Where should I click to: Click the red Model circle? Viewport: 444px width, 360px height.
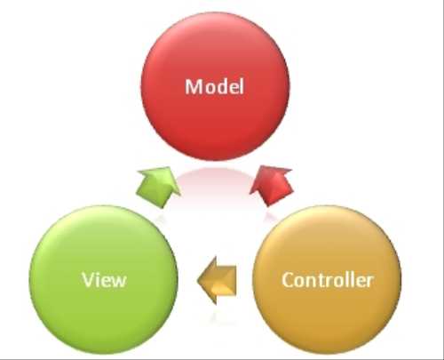click(x=215, y=86)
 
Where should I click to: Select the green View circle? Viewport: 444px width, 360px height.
click(x=104, y=279)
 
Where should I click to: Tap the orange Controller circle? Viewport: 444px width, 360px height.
click(x=327, y=279)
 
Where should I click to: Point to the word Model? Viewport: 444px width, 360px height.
click(x=215, y=86)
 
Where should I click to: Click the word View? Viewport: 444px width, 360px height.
click(x=104, y=280)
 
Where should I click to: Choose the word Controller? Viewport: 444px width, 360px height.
click(x=327, y=280)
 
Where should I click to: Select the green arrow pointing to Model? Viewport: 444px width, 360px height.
click(x=159, y=187)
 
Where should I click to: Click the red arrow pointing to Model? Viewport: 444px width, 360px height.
click(x=272, y=186)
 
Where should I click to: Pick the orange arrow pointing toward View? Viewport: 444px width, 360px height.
click(x=217, y=280)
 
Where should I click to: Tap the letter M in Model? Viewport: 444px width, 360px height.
click(x=194, y=87)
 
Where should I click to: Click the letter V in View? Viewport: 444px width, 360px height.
click(x=89, y=279)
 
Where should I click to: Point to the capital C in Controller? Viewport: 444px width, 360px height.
click(x=289, y=280)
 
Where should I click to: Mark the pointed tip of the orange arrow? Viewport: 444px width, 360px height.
click(x=197, y=280)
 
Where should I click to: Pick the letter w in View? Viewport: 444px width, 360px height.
click(x=118, y=282)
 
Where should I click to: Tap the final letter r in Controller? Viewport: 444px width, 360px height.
click(x=369, y=282)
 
